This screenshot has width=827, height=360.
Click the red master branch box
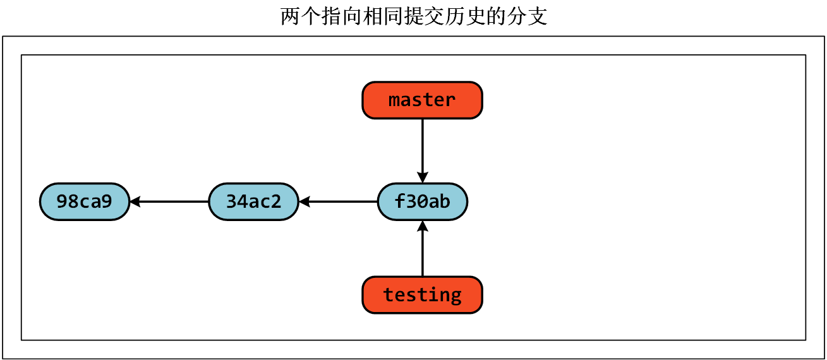tap(422, 100)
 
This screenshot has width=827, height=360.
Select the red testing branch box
tap(422, 295)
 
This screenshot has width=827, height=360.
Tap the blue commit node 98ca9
tap(84, 201)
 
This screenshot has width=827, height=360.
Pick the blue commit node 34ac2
tap(253, 201)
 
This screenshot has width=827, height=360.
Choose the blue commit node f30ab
tap(422, 201)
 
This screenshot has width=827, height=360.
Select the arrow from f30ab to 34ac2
tap(341, 201)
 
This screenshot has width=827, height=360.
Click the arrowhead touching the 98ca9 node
tap(135, 201)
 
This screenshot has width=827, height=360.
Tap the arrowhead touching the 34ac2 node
tap(304, 201)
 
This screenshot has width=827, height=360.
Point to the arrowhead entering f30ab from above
tap(422, 177)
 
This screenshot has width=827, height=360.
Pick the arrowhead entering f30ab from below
tap(422, 225)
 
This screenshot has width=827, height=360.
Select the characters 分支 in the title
tap(528, 16)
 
